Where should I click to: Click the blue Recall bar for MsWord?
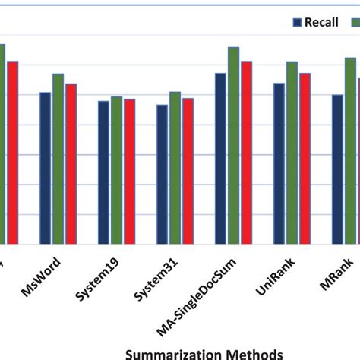[46, 169]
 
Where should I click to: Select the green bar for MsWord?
[58, 159]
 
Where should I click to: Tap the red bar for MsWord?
[71, 164]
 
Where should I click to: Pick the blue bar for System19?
[103, 173]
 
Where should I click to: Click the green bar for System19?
[116, 171]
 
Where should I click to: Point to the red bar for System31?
[188, 172]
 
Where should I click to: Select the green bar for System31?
[175, 169]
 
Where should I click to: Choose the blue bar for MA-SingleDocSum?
[220, 159]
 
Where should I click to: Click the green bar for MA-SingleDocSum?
[233, 146]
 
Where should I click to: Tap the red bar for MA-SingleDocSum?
[246, 153]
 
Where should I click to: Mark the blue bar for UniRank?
[279, 164]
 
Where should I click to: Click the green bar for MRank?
[350, 151]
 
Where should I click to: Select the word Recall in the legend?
[321, 22]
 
